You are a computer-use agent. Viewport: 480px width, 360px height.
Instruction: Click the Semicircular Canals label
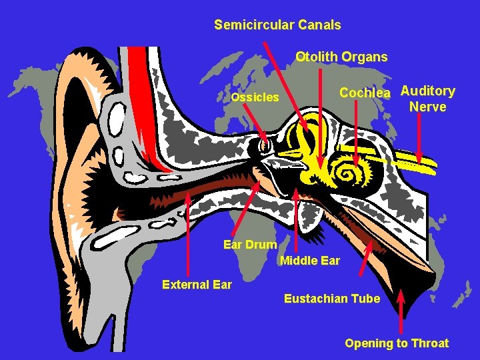click(x=277, y=25)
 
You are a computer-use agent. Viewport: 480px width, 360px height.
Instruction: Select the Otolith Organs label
click(x=341, y=57)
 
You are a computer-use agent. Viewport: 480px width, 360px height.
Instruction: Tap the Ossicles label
click(x=255, y=97)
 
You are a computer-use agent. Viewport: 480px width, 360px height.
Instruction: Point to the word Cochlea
click(x=364, y=93)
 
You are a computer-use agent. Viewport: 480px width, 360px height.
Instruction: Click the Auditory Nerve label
click(x=428, y=99)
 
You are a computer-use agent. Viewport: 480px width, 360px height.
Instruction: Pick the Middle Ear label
click(x=310, y=261)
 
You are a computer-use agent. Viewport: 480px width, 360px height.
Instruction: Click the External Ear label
click(x=197, y=285)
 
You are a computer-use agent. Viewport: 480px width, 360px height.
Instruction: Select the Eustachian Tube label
click(x=332, y=299)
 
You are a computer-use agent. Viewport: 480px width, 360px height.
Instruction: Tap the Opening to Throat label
click(x=397, y=343)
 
